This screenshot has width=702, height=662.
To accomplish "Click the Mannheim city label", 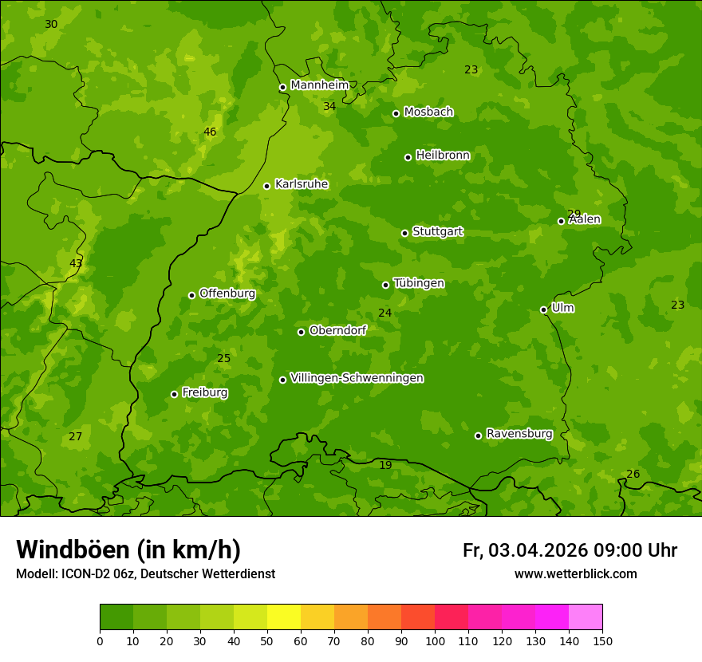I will coord(320,85).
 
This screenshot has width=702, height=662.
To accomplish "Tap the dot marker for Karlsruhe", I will coord(267,186).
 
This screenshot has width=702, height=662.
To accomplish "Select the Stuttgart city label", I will coord(437,232).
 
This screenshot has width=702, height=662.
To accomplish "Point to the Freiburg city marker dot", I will coord(174,394).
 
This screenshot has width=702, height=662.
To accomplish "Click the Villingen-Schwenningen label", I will coord(357,378).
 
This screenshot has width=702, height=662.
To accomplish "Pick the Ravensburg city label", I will coord(519,434).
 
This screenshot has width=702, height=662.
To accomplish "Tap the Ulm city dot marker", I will coord(544,309).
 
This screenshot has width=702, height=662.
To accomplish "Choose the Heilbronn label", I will coord(443,156).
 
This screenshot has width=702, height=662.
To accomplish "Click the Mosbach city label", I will coord(428,112).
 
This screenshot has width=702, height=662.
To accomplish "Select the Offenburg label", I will coord(227,294).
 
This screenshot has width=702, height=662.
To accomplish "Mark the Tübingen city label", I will coord(419,283).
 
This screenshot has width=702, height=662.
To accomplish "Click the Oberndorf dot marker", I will coord(302,332).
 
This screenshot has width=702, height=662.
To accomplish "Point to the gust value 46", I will coord(210,132).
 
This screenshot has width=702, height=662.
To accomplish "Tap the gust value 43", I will coord(76,263).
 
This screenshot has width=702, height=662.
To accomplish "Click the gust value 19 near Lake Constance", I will coord(385,465).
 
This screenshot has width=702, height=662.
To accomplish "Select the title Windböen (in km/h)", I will coord(128,550).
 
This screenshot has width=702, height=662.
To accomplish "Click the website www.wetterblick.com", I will coord(575,573).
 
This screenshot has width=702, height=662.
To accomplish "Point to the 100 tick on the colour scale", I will coord(435,640).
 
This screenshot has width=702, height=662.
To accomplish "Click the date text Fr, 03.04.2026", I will coord(525,550).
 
